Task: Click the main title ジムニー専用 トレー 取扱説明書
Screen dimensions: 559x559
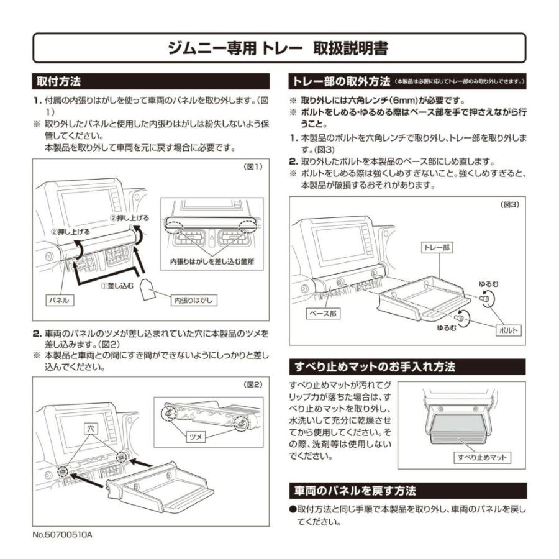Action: click(x=279, y=48)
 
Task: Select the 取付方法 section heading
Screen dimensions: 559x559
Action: click(x=59, y=81)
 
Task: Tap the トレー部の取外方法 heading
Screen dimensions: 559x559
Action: click(x=341, y=81)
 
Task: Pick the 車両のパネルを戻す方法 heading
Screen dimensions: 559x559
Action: click(x=355, y=491)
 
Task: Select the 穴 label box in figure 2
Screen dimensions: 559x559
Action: click(x=91, y=429)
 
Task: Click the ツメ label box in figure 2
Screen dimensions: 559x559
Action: click(x=196, y=437)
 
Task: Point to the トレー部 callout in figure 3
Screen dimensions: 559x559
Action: click(x=438, y=247)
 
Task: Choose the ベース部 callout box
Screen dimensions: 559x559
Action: click(x=324, y=314)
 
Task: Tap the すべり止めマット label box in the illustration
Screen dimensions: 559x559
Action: click(x=483, y=458)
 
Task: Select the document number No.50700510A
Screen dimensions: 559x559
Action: click(x=62, y=534)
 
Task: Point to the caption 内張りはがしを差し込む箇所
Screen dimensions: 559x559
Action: click(x=212, y=262)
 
